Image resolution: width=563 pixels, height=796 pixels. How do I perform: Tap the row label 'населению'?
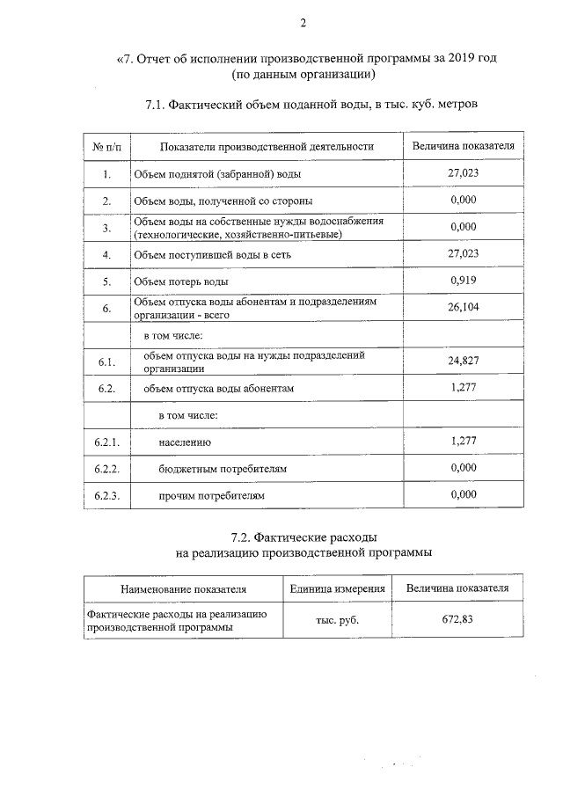[x=185, y=442]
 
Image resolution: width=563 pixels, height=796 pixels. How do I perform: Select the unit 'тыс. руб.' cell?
[x=338, y=619]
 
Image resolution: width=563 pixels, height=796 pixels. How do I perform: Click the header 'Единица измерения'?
[x=338, y=588]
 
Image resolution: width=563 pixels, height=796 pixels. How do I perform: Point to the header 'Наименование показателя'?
[x=184, y=588]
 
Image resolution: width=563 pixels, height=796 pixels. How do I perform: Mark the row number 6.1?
[x=106, y=361]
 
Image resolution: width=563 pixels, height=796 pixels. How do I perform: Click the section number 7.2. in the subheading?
[x=243, y=537]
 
